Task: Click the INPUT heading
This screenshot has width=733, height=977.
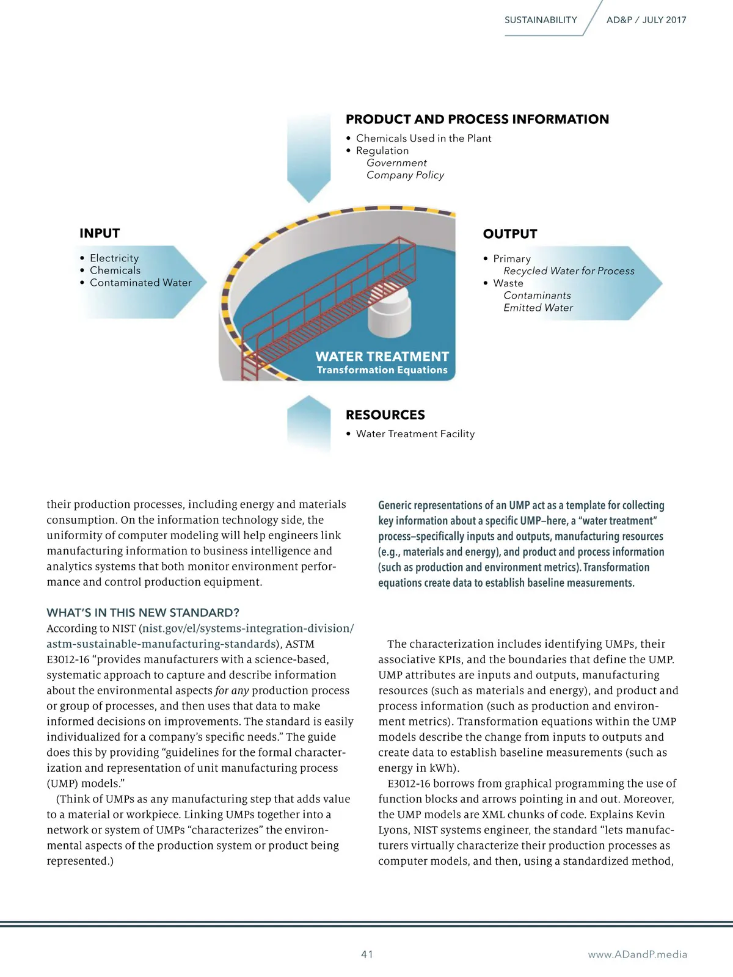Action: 100,233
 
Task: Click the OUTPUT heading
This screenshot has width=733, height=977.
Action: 510,234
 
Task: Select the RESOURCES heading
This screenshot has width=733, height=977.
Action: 385,415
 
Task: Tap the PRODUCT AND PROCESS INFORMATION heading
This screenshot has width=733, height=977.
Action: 477,119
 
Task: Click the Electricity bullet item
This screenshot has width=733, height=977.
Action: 114,258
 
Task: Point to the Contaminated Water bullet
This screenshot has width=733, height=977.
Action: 140,283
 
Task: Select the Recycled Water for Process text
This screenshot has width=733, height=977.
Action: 569,271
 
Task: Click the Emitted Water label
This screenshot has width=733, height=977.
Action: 538,308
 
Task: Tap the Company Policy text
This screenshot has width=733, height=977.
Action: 405,175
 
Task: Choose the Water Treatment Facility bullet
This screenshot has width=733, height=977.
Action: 415,434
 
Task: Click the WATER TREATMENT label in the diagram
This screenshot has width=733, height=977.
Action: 382,357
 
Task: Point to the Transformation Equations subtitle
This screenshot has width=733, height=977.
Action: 382,370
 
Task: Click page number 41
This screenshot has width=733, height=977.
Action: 367,954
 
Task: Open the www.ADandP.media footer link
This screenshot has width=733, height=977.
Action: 637,954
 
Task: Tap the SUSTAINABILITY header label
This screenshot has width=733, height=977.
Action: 541,20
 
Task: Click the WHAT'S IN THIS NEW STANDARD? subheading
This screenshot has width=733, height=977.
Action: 143,612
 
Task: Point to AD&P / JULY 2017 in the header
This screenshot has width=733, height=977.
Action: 646,20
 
